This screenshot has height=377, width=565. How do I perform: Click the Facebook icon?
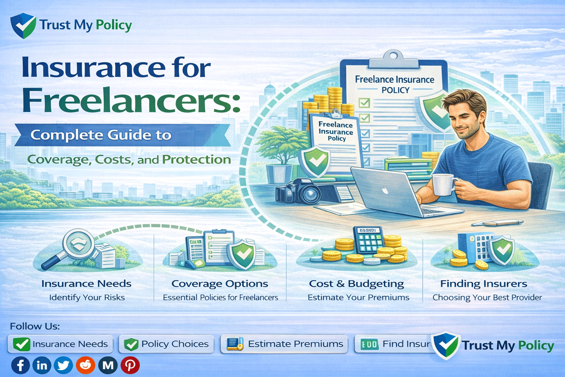[x=21, y=365]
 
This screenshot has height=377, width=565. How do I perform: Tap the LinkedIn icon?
[x=42, y=365]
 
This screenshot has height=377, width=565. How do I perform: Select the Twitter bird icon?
[x=64, y=365]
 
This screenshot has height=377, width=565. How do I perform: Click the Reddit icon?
[x=86, y=365]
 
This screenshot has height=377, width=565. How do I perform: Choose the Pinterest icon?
[x=130, y=365]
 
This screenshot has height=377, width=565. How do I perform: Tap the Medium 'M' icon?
[x=108, y=365]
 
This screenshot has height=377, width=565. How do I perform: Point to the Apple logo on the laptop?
[x=385, y=191]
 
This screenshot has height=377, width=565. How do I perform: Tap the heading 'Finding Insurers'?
[x=483, y=284]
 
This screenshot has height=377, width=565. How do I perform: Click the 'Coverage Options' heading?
[x=220, y=284]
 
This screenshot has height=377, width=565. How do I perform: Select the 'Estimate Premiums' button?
[x=284, y=344]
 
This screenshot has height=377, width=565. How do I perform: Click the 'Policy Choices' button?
[x=167, y=344]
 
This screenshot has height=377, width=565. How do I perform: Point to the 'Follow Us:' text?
[x=35, y=326]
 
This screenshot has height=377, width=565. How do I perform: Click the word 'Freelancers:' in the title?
[x=131, y=101]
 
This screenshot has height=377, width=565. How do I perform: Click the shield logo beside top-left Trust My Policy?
[x=23, y=25]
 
